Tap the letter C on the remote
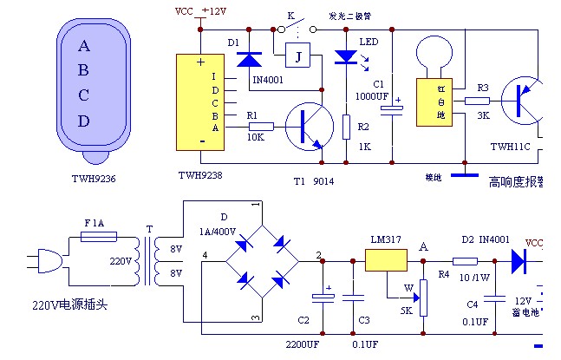pos(84,95)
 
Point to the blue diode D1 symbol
pos(250,59)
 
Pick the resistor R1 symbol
pos(260,127)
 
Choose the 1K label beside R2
pos(364,148)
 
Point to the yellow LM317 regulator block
pos(386,259)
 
